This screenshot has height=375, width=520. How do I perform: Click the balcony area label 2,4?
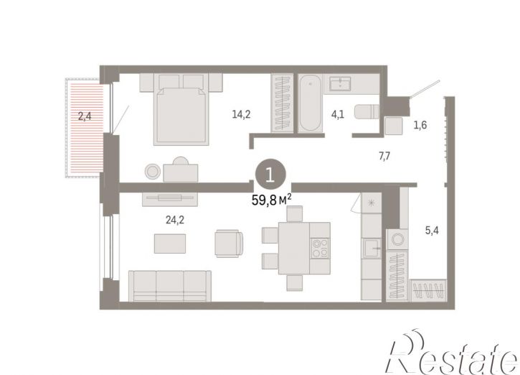pos(85,116)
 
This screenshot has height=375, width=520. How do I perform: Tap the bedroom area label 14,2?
pos(241,115)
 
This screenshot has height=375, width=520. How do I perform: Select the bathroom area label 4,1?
pos(338,115)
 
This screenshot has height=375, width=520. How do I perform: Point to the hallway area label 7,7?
pos(384,156)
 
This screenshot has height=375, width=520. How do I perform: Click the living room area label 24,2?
pos(175,220)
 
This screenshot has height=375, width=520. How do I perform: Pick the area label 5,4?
pos(432,230)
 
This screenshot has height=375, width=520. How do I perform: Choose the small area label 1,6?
pos(420,125)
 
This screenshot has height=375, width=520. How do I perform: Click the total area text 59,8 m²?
pos(272,200)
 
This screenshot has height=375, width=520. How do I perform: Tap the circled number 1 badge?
pos(270,175)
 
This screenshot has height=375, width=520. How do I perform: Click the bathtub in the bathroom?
pos(310,103)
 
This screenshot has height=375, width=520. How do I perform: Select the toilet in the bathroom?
pos(367,112)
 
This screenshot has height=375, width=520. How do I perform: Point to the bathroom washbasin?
pos(340,83)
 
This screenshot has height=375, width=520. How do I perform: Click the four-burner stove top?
pos(320,249)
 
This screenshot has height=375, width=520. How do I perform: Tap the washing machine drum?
pos(397,239)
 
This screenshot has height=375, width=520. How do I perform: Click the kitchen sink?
pos(372,248)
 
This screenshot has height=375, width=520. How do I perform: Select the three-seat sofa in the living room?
pos(170,286)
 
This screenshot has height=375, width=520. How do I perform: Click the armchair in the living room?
pos(229,244)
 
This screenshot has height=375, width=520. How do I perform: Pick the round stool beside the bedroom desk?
pos(153,172)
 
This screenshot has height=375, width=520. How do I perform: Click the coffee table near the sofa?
pos(170,244)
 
